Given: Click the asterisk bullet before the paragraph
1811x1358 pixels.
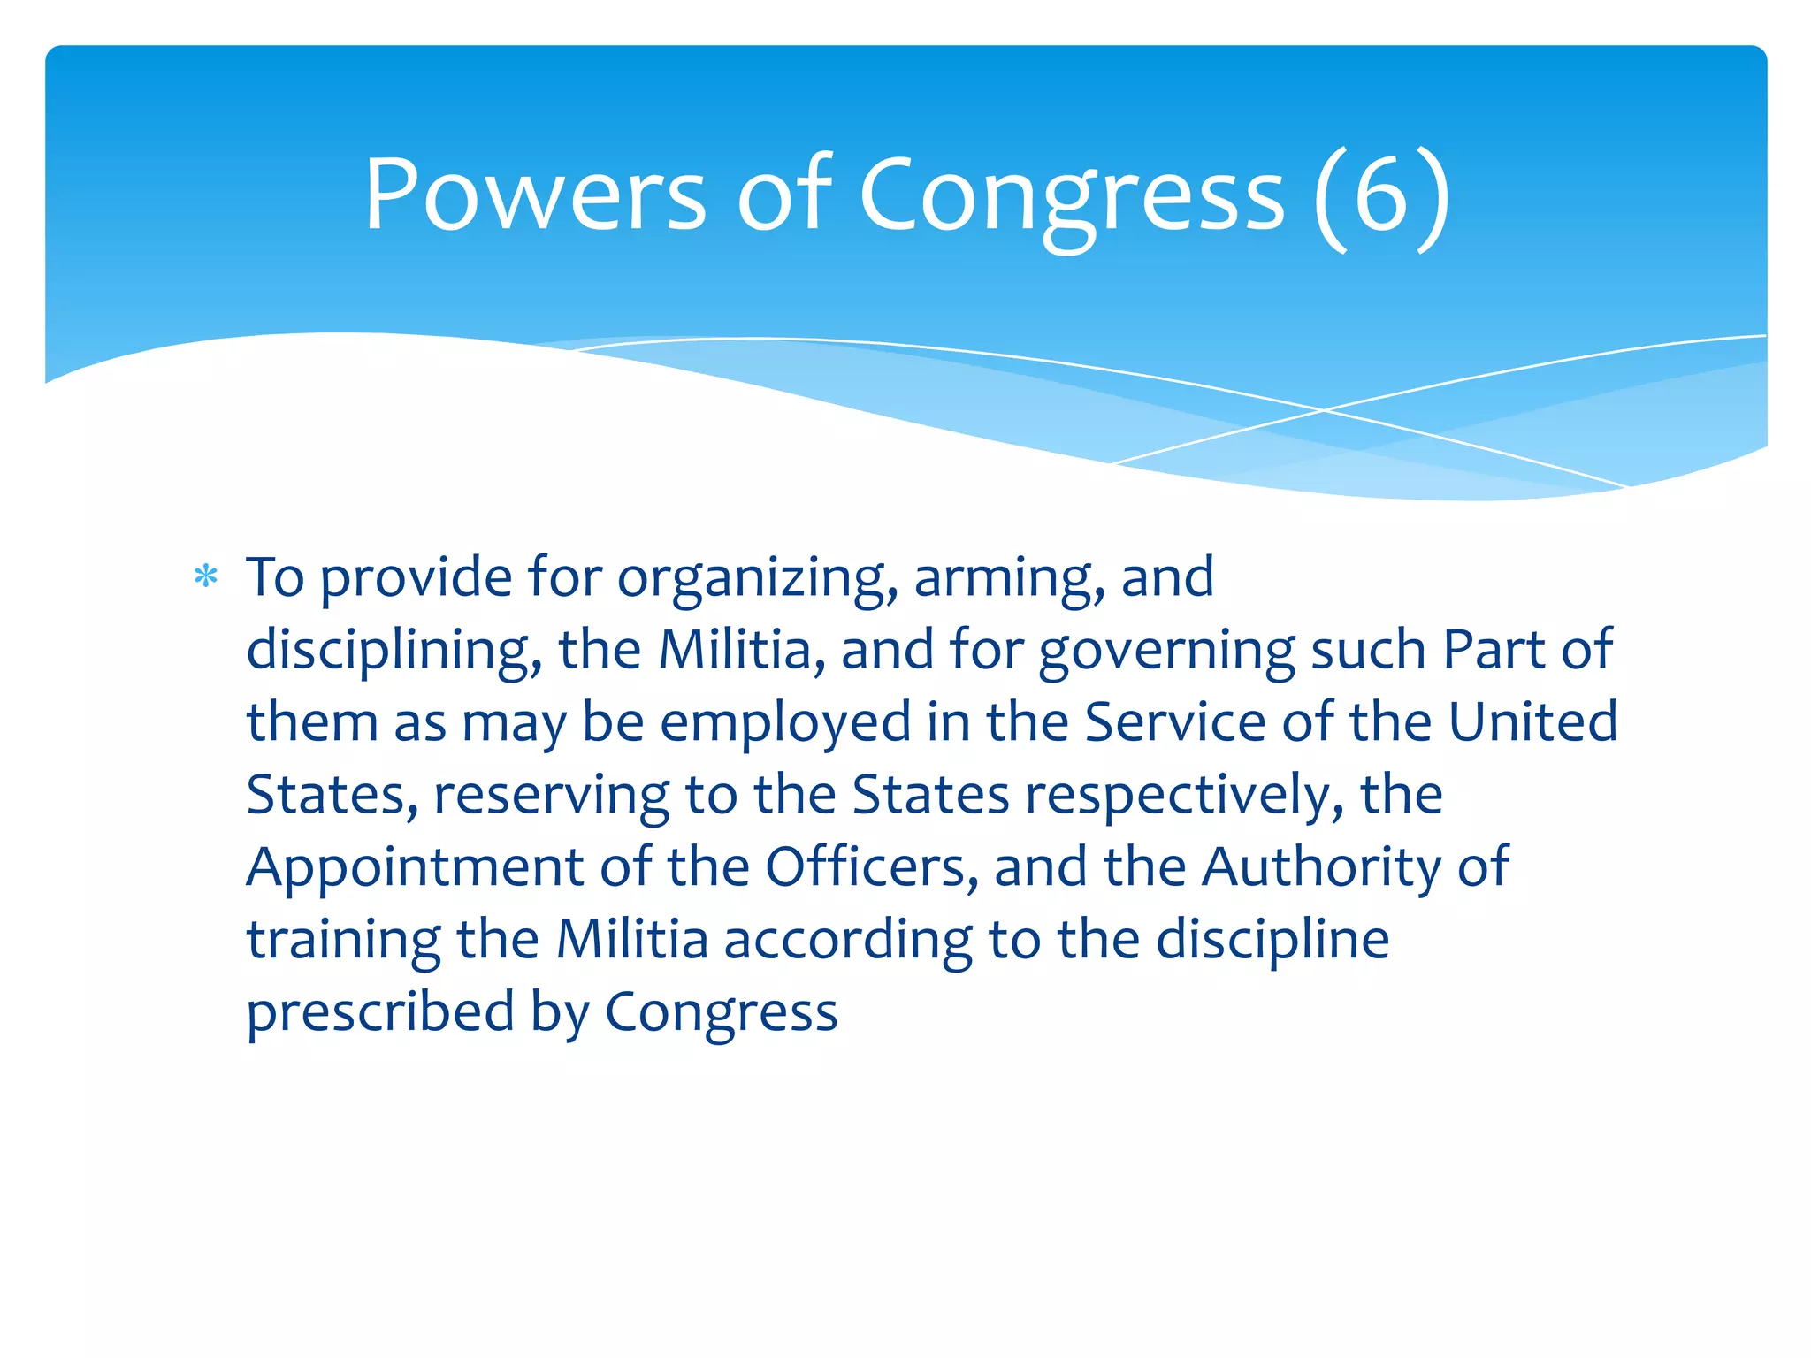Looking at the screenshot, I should pos(206,577).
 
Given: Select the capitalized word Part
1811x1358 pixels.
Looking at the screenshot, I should pos(1494,650).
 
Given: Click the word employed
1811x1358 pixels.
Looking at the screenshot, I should pos(785,724).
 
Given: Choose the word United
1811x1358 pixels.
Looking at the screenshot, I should pos(1533,722).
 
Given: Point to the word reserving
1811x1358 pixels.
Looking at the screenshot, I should pos(551,797).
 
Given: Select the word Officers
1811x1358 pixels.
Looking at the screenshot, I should pos(872,867).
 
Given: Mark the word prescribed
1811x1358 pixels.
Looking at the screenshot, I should pos(380,1012).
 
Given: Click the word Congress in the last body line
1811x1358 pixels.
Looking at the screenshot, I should pos(721,1014).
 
